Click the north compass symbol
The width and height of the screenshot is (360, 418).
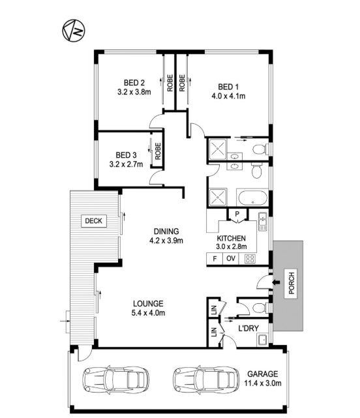pyautogui.click(x=74, y=31)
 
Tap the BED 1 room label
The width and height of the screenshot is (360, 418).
pyautogui.click(x=228, y=87)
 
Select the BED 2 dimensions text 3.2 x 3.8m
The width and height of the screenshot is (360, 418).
pyautogui.click(x=134, y=92)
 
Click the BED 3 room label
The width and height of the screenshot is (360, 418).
pyautogui.click(x=126, y=155)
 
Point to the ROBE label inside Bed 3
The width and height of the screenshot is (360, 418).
pyautogui.click(x=158, y=151)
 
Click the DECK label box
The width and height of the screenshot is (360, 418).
pyautogui.click(x=94, y=220)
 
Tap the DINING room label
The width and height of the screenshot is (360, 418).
pyautogui.click(x=166, y=231)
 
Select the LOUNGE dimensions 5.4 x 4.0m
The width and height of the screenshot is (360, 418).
pyautogui.click(x=148, y=313)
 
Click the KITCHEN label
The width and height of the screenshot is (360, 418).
pyautogui.click(x=232, y=238)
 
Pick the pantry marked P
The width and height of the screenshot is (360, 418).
pyautogui.click(x=237, y=214)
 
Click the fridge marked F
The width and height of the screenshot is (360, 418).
pyautogui.click(x=215, y=259)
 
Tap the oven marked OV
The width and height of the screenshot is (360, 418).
pyautogui.click(x=231, y=259)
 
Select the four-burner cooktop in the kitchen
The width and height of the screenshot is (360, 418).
pyautogui.click(x=250, y=259)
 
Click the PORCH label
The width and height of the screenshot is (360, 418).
pyautogui.click(x=292, y=283)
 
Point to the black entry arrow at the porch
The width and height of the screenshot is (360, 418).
pyautogui.click(x=276, y=282)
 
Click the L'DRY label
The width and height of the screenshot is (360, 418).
pyautogui.click(x=248, y=329)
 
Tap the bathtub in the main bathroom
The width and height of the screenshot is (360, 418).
pyautogui.click(x=253, y=198)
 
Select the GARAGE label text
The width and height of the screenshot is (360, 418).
pyautogui.click(x=263, y=374)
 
